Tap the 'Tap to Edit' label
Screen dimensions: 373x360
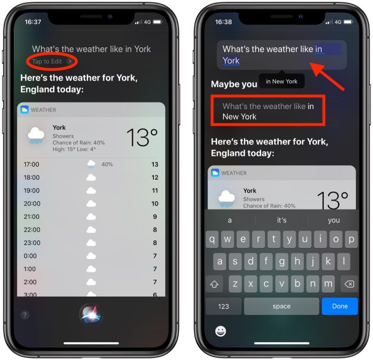click(47, 62)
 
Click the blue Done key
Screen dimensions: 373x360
click(340, 306)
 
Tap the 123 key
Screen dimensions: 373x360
click(223, 306)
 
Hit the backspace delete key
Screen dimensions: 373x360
click(349, 284)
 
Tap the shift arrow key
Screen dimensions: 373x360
click(214, 284)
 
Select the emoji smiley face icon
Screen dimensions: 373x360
click(221, 331)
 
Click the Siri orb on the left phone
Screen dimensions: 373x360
click(91, 315)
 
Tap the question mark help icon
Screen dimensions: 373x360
click(25, 315)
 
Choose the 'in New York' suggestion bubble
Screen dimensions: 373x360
click(282, 82)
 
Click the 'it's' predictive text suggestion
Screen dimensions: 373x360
click(282, 220)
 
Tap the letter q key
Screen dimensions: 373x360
click(212, 239)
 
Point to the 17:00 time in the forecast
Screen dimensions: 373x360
click(31, 165)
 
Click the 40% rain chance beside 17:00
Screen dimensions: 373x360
click(107, 165)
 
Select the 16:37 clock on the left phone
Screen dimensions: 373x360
click(33, 22)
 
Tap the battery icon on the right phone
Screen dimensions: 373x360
click(348, 22)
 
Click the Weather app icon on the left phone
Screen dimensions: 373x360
click(25, 110)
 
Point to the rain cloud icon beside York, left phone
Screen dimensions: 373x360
click(36, 136)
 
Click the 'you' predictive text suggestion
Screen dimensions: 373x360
click(334, 220)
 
